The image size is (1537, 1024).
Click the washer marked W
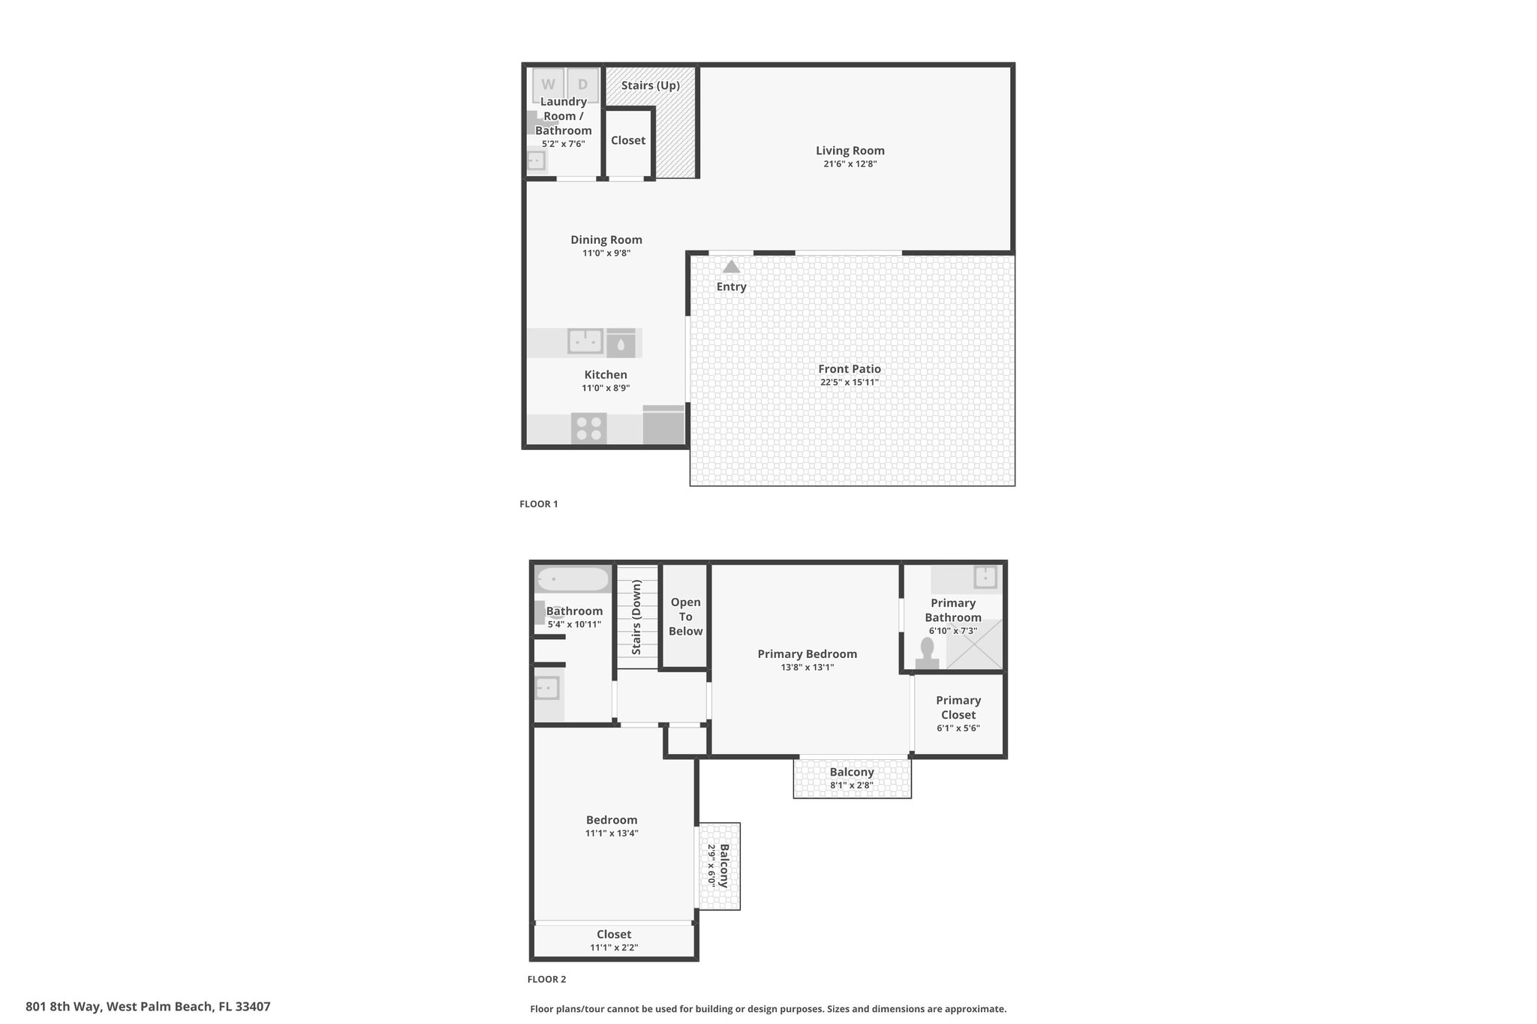pyautogui.click(x=549, y=85)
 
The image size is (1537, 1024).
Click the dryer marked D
pyautogui.click(x=583, y=85)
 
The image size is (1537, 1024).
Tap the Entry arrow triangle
pyautogui.click(x=732, y=266)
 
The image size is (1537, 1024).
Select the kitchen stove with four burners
pyautogui.click(x=588, y=428)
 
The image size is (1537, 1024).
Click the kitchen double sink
pyautogui.click(x=585, y=341)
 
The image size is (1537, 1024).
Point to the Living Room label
pyautogui.click(x=850, y=151)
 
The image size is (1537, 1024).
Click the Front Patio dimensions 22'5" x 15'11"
pyautogui.click(x=850, y=383)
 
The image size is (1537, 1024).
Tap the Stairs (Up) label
pyautogui.click(x=651, y=86)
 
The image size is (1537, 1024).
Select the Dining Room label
pyautogui.click(x=606, y=240)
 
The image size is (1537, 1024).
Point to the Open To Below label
pyautogui.click(x=686, y=617)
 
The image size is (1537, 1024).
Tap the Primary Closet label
pyautogui.click(x=958, y=707)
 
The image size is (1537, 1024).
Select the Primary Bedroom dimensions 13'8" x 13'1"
pyautogui.click(x=808, y=668)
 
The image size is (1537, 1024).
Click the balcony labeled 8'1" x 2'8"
pyautogui.click(x=853, y=778)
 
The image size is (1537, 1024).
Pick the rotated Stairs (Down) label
pyautogui.click(x=636, y=617)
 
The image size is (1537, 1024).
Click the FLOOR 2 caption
pyautogui.click(x=546, y=979)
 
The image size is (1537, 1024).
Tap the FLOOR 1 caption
pyautogui.click(x=539, y=504)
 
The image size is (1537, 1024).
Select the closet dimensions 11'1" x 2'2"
pyautogui.click(x=614, y=947)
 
